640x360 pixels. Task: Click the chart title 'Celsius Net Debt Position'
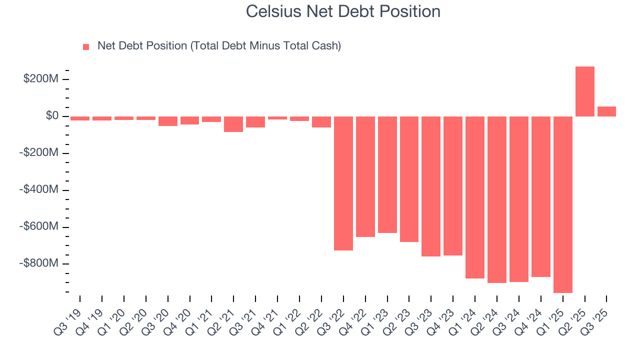tap(343, 11)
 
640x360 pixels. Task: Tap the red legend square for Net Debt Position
tap(86, 47)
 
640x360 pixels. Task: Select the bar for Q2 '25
tap(584, 91)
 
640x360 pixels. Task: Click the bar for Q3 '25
tap(606, 111)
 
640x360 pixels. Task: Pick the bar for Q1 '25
tap(562, 204)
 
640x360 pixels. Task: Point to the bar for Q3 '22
tap(343, 183)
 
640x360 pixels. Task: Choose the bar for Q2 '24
tap(497, 199)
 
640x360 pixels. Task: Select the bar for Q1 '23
tap(387, 174)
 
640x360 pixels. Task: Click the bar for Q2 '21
tap(233, 124)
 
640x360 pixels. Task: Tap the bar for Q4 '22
tap(365, 176)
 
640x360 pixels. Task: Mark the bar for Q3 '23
tap(431, 186)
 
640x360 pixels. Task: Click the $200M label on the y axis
tap(40, 79)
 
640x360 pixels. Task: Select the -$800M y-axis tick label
tap(38, 263)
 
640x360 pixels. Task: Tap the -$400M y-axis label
tap(38, 190)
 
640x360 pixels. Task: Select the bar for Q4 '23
tap(453, 185)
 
